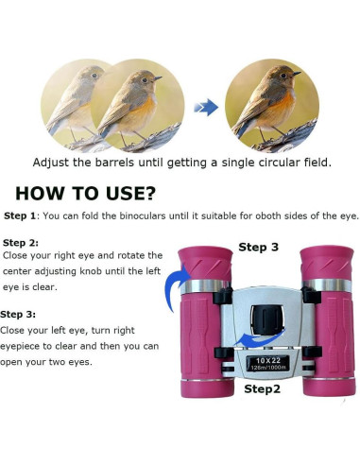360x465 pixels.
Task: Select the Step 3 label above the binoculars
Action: [258, 247]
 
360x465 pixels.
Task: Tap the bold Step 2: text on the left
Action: [21, 243]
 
